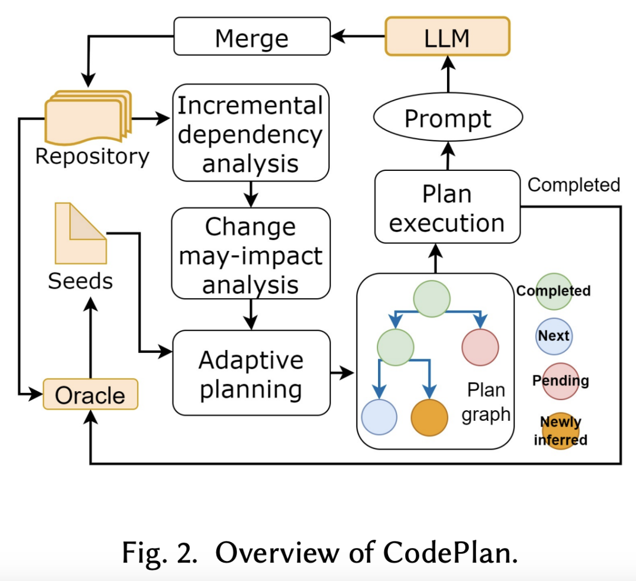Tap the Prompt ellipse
(x=448, y=118)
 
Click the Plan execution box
(x=448, y=207)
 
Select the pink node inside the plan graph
(x=480, y=347)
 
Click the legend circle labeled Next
(x=554, y=335)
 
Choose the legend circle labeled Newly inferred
(x=561, y=431)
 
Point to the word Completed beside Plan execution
(x=574, y=185)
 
